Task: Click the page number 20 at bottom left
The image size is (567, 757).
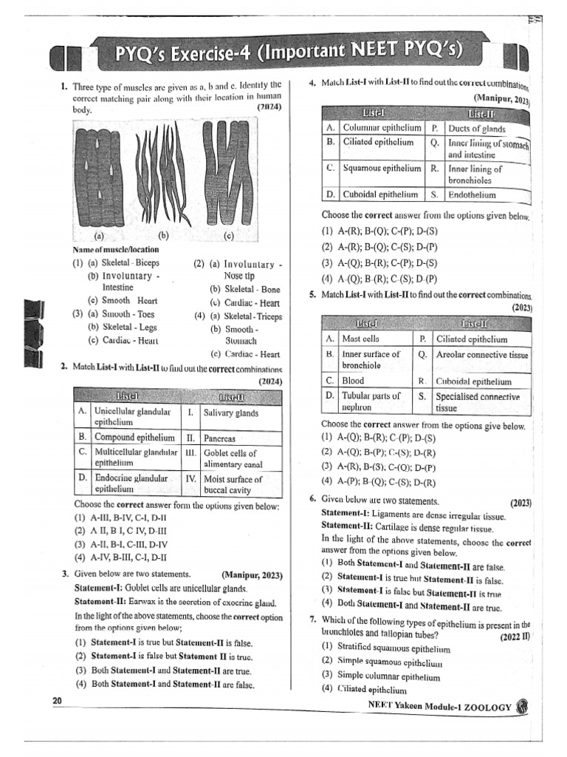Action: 57,701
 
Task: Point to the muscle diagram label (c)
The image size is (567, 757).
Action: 228,237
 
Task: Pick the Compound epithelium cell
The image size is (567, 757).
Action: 135,437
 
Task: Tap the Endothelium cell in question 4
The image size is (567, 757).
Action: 472,195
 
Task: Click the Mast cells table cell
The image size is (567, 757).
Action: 361,339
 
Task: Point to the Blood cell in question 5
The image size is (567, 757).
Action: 354,381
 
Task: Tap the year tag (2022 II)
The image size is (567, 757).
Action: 514,636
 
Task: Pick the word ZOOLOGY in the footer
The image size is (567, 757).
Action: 484,707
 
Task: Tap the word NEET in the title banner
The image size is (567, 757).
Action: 353,54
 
